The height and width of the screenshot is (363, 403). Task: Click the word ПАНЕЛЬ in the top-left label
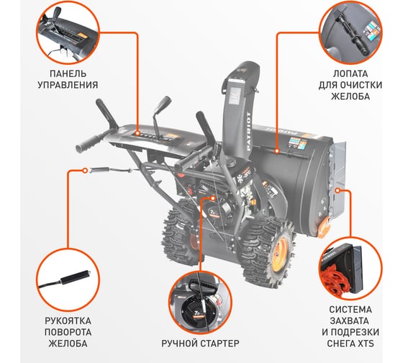coord(68,74)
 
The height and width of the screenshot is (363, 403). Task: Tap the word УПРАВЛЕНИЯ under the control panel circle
coord(68,85)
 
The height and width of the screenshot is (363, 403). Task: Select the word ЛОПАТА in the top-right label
coord(350,74)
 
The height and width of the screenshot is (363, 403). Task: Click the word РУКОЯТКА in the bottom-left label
coord(68,321)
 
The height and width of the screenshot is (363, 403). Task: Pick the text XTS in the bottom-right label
coord(365,344)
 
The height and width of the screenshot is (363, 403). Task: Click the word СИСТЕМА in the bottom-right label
coord(350,310)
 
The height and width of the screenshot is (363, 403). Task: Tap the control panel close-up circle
coord(68,32)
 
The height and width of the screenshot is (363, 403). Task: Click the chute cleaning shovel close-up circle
coord(350,32)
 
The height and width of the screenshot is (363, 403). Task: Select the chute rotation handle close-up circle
coord(68,280)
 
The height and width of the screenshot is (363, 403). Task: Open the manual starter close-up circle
coord(200,302)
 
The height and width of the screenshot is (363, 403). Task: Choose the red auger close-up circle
coord(350,269)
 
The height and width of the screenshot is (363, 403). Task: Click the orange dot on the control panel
coord(137,133)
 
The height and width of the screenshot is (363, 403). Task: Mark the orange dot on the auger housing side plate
coord(338,190)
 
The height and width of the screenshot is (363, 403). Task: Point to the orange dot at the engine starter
coord(212,198)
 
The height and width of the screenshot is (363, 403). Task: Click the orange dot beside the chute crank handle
coord(85,170)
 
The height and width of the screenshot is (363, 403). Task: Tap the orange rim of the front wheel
coord(281,254)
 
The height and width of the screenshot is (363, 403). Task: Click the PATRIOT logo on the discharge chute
coord(248,131)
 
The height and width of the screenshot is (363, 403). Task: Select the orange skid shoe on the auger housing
coord(324,227)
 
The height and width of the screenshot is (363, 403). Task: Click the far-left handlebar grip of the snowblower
coord(87,144)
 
